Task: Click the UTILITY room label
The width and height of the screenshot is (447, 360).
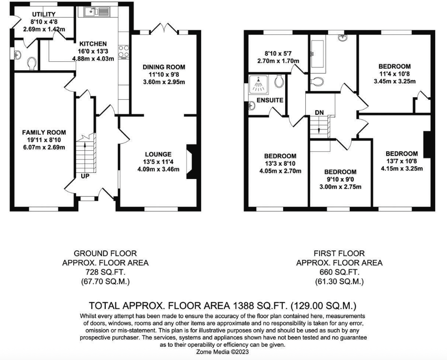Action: click(x=43, y=14)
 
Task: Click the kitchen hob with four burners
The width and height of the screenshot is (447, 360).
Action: click(x=125, y=51)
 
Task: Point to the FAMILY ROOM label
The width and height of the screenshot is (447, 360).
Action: click(x=44, y=132)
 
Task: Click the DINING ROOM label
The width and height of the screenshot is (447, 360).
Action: click(x=164, y=67)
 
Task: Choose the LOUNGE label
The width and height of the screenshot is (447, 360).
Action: click(x=158, y=154)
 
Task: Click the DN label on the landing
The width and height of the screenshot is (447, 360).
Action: click(x=319, y=112)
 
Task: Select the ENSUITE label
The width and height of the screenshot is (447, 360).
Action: click(x=270, y=100)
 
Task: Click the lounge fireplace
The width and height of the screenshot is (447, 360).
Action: click(x=193, y=161)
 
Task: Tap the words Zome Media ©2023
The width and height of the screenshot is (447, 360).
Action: click(x=223, y=352)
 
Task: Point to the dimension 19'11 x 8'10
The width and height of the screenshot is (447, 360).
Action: click(x=44, y=140)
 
